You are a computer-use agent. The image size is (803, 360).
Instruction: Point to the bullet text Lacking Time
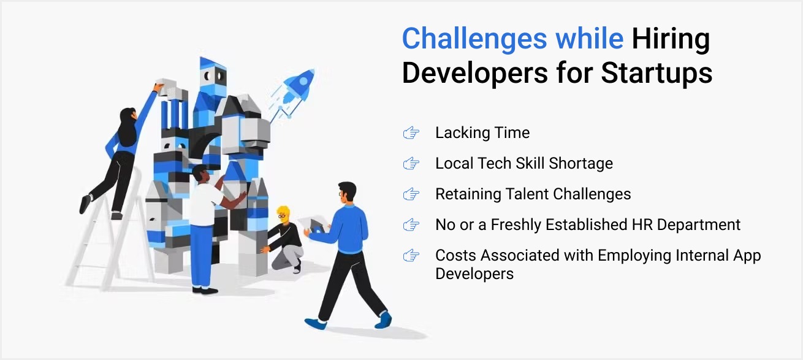pyautogui.click(x=482, y=133)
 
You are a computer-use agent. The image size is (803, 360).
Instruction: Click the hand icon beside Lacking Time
pyautogui.click(x=411, y=133)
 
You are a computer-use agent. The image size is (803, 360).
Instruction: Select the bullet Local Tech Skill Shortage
pyautogui.click(x=523, y=164)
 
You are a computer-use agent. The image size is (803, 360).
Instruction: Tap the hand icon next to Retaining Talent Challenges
pyautogui.click(x=411, y=194)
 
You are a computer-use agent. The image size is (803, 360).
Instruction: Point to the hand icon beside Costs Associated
pyautogui.click(x=411, y=256)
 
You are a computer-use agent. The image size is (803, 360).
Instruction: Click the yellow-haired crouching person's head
pyautogui.click(x=282, y=214)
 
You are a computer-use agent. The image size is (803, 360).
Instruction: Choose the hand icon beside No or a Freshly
pyautogui.click(x=411, y=225)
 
